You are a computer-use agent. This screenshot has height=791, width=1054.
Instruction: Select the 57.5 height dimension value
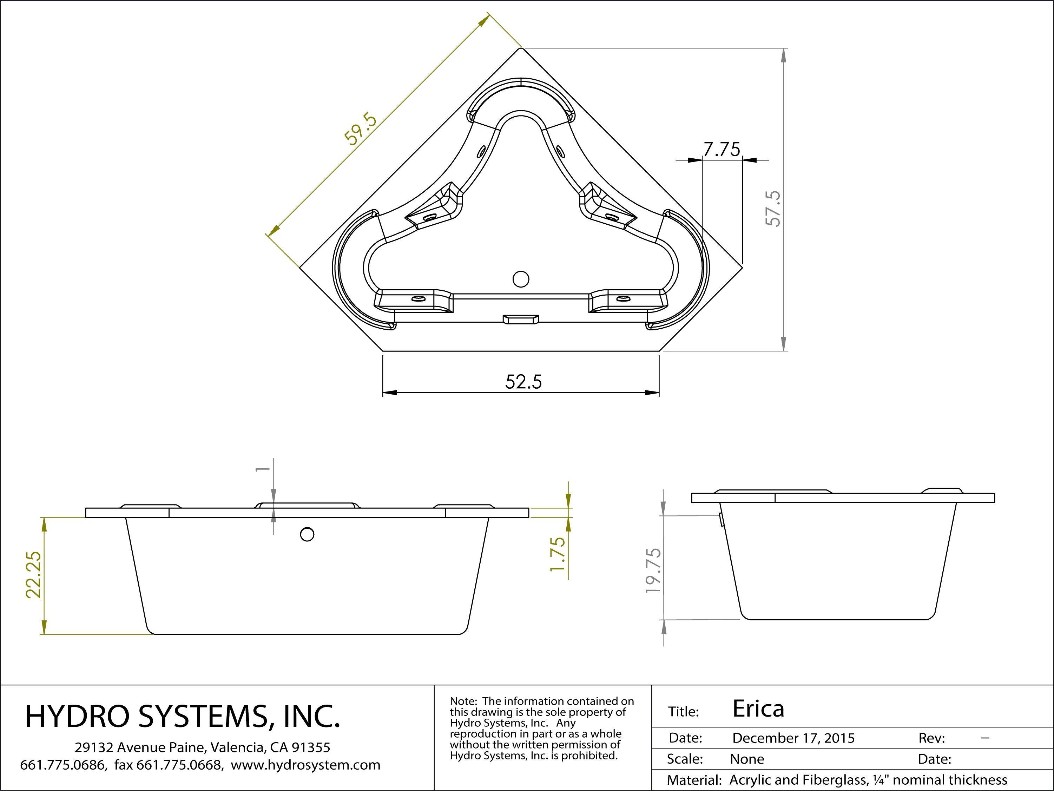(x=773, y=208)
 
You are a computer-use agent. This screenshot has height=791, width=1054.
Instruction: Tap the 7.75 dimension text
(x=722, y=150)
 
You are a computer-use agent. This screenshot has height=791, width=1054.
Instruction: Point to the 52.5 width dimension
(x=523, y=382)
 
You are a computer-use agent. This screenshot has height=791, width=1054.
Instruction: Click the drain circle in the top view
(x=521, y=279)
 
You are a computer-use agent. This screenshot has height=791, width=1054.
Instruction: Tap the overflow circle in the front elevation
(x=307, y=534)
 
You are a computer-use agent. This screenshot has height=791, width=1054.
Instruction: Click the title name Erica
(x=758, y=708)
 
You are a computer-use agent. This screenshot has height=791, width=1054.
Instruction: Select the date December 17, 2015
(x=793, y=738)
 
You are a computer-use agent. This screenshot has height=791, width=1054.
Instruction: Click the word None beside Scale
(x=747, y=759)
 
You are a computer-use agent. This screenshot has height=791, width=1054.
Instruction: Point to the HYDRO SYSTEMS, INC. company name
(x=183, y=716)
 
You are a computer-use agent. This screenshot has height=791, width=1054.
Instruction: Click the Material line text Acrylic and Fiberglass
(x=796, y=780)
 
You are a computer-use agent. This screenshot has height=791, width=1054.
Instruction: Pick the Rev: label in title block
(x=931, y=738)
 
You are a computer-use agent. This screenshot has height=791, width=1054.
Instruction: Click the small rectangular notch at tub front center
(x=521, y=318)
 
